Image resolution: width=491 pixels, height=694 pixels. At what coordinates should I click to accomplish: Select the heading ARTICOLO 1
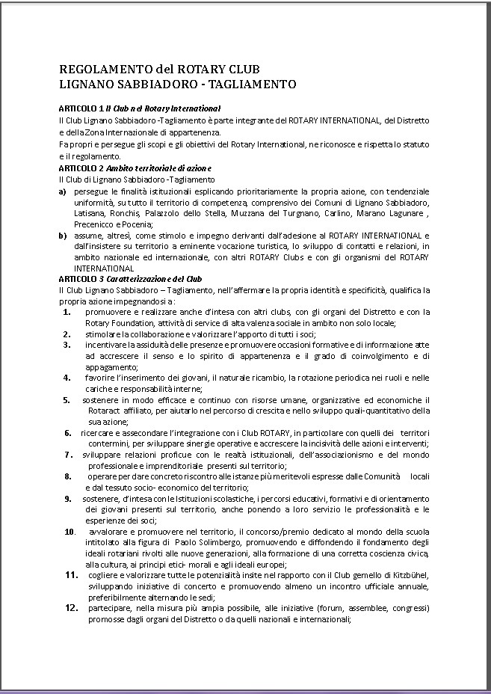[80, 109]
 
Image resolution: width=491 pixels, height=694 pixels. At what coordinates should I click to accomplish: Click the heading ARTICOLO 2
[80, 166]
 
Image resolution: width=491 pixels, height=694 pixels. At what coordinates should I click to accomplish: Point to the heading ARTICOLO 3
[80, 278]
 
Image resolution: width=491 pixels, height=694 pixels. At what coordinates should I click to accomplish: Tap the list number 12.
[72, 608]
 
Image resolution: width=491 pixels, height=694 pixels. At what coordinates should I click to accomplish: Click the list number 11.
[72, 574]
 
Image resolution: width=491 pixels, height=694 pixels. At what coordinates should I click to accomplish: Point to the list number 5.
[67, 400]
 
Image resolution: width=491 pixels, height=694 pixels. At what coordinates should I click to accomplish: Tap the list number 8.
[67, 476]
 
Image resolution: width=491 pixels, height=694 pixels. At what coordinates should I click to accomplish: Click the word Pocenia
[138, 224]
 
